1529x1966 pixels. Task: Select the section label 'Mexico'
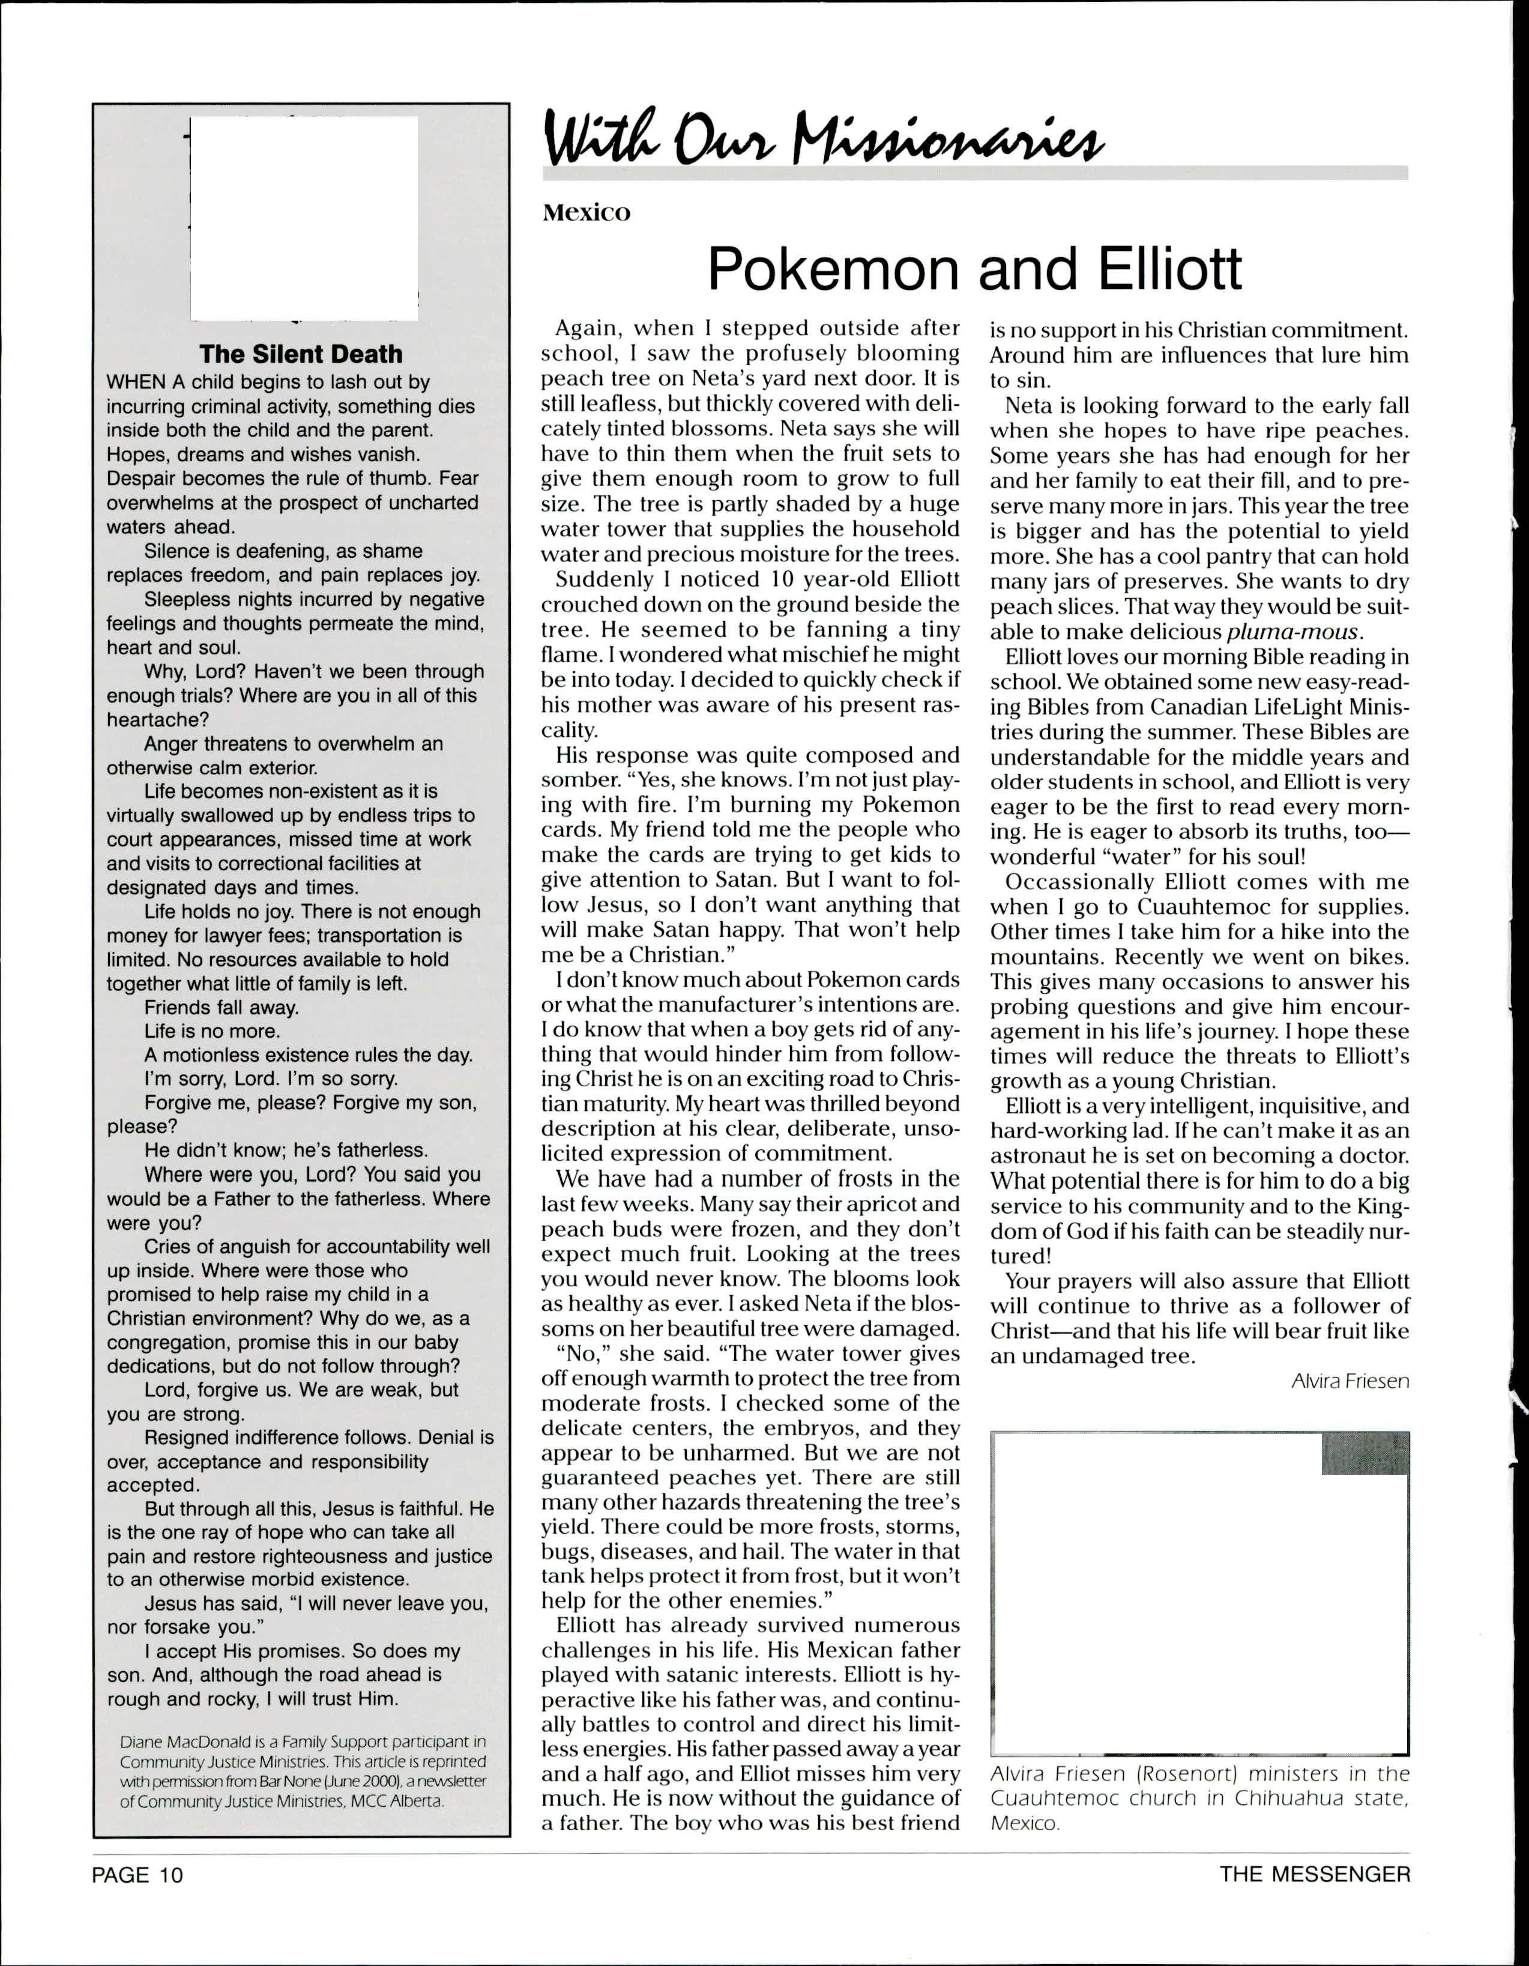(586, 213)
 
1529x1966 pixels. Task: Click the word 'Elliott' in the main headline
(1169, 268)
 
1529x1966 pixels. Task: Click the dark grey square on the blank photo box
(1365, 1453)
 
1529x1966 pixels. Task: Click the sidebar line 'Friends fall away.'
(222, 1007)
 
